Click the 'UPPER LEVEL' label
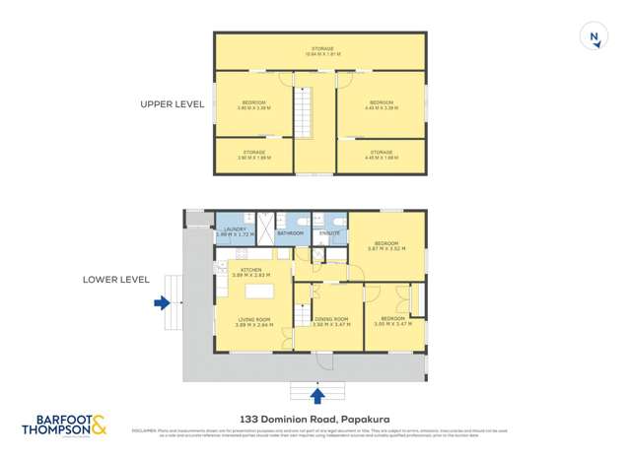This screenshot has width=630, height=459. coord(172,103)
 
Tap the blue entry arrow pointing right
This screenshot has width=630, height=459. coord(162,304)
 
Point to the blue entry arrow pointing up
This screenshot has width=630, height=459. coord(317,396)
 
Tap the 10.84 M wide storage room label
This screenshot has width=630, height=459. coord(321,51)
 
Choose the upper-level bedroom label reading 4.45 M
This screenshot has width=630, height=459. coord(382,104)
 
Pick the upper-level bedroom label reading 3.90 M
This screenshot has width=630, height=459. coord(253,104)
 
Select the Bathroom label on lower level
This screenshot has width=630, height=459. coord(290,233)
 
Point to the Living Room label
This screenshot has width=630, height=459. coord(253,321)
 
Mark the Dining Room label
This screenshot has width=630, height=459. coord(331,321)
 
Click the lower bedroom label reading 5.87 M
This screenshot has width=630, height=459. coord(386,246)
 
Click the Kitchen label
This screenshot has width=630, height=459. coord(246,271)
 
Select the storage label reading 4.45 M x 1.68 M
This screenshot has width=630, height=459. coord(382,155)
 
